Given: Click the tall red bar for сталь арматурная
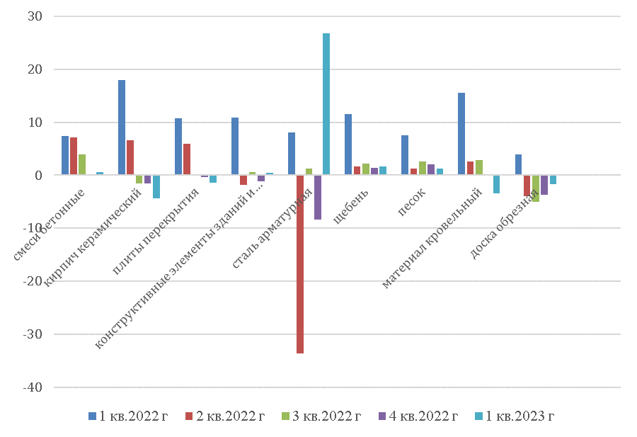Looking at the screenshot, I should coord(300,263).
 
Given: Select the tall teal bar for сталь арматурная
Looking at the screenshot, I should coord(326,104).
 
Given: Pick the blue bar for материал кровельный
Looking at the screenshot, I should coord(461,134).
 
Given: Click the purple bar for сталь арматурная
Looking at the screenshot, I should coord(318,197).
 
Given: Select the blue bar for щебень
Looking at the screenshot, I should coord(348,144).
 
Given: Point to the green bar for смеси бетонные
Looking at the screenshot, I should coord(82,164).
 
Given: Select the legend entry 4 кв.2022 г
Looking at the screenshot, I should coord(418,416).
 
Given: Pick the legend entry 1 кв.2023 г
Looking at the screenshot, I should coord(515,416).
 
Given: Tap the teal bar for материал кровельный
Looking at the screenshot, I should coord(497,184).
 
